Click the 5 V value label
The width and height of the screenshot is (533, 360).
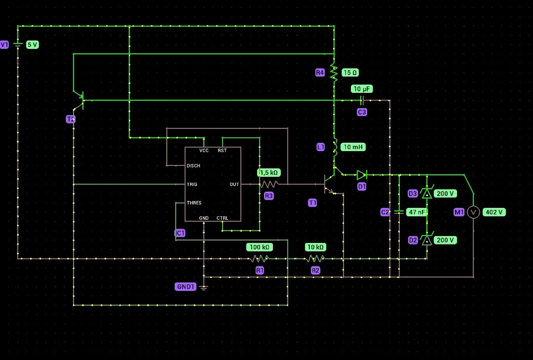tap(32, 44)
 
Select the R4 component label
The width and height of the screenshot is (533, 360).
tap(320, 73)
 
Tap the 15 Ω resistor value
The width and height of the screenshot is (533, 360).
tap(350, 73)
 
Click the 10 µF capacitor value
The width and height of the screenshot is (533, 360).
tap(362, 89)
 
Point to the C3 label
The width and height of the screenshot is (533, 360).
tap(362, 112)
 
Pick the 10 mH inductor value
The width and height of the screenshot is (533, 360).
tap(354, 147)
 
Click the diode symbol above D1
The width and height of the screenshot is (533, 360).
tap(362, 174)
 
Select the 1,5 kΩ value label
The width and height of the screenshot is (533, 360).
tap(269, 172)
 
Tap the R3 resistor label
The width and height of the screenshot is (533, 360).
tap(268, 196)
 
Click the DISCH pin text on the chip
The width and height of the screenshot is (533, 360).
tap(193, 166)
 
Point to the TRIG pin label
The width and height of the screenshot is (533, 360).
tap(191, 184)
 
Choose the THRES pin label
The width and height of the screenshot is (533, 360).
tap(194, 202)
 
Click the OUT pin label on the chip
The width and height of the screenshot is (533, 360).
tap(234, 184)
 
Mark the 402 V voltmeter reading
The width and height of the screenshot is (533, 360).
tap(494, 212)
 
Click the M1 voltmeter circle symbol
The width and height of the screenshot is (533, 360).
tap(473, 212)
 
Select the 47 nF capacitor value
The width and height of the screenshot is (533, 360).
tap(417, 212)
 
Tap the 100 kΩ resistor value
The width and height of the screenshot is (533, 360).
tap(260, 247)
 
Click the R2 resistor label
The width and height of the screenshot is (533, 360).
tap(315, 270)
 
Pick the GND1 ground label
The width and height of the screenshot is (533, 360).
tap(186, 286)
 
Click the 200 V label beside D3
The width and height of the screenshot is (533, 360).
tap(445, 194)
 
